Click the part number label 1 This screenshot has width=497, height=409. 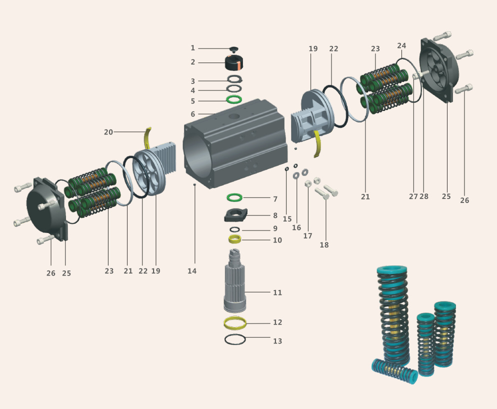tap(192, 48)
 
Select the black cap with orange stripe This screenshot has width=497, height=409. tap(233, 63)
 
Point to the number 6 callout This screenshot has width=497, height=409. tap(192, 114)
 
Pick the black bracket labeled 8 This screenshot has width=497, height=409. tap(235, 215)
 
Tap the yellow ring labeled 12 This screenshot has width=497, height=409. tap(235, 322)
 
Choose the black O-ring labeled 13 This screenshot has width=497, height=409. tap(235, 339)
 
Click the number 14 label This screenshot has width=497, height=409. tap(192, 271)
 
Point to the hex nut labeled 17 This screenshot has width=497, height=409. tap(308, 183)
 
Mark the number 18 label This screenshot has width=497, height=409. tap(324, 245)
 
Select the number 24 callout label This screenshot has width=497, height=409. tap(401, 45)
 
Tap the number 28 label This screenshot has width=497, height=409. tap(424, 196)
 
